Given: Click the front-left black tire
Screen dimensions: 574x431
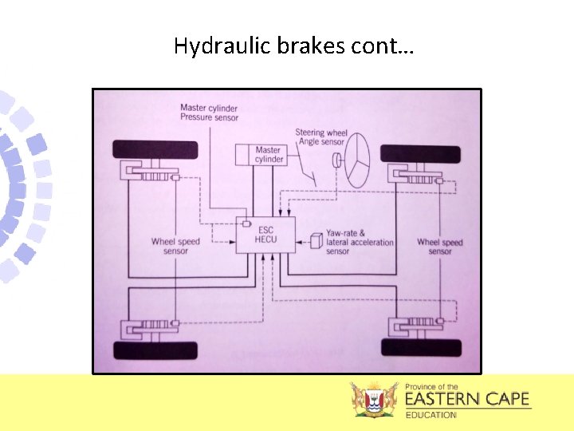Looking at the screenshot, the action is pyautogui.click(x=155, y=150).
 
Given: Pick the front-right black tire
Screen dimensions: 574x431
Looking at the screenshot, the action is pyautogui.click(x=420, y=154).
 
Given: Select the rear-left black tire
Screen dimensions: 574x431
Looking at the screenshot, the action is pyautogui.click(x=155, y=349).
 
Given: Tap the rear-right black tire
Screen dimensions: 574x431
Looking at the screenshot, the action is pyautogui.click(x=421, y=347).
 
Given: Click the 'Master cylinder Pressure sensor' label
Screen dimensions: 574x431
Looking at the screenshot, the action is pyautogui.click(x=209, y=113).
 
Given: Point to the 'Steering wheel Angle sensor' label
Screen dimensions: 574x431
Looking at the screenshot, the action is pyautogui.click(x=320, y=137).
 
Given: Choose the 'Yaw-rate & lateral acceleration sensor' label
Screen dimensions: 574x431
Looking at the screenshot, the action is pyautogui.click(x=360, y=241).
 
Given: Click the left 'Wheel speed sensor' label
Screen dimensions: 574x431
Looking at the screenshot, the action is pyautogui.click(x=175, y=247).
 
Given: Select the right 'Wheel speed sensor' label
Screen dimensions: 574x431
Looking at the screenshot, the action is pyautogui.click(x=439, y=247).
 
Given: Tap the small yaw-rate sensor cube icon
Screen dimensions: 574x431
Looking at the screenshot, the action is pyautogui.click(x=316, y=239).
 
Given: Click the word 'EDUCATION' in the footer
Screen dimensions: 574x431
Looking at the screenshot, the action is pyautogui.click(x=431, y=415).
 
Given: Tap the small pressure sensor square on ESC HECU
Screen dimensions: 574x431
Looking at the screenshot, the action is pyautogui.click(x=247, y=224).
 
